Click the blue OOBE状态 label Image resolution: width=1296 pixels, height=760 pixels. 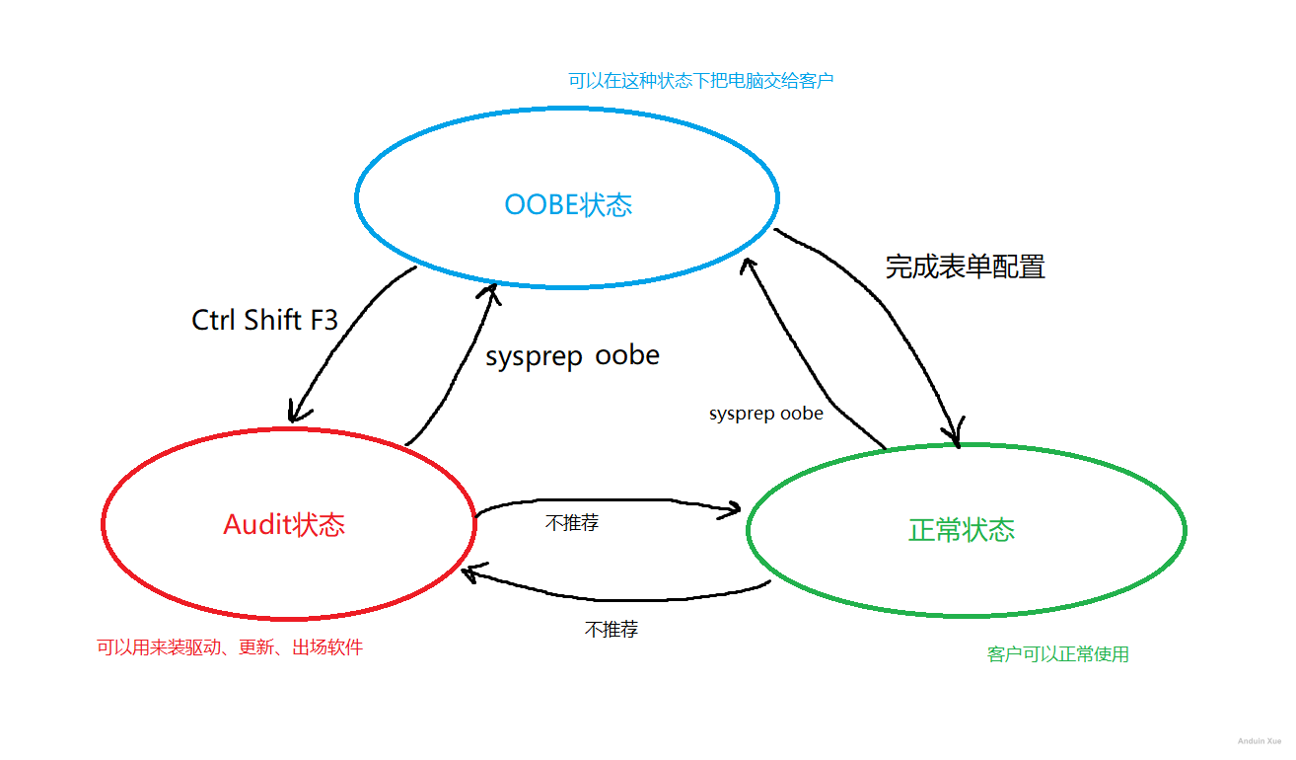pyautogui.click(x=568, y=205)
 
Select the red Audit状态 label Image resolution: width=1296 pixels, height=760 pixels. pyautogui.click(x=284, y=524)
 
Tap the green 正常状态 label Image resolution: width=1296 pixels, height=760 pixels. pyautogui.click(x=962, y=530)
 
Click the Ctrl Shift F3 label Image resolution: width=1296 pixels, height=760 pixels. pyautogui.click(x=264, y=320)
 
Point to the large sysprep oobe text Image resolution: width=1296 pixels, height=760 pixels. pyautogui.click(x=572, y=356)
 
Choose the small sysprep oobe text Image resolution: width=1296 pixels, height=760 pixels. pyautogui.click(x=766, y=414)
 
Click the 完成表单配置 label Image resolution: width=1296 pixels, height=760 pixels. pyautogui.click(x=965, y=266)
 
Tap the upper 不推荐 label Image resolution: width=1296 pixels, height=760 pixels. pyautogui.click(x=572, y=523)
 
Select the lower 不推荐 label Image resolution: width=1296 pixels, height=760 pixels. pyautogui.click(x=612, y=629)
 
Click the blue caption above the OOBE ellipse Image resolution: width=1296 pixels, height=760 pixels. pyautogui.click(x=700, y=81)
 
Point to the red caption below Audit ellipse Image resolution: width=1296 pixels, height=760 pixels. pyautogui.click(x=230, y=647)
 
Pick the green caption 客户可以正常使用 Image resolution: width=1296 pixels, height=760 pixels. pyautogui.click(x=1057, y=654)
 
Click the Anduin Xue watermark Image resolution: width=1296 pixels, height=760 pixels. pyautogui.click(x=1260, y=741)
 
